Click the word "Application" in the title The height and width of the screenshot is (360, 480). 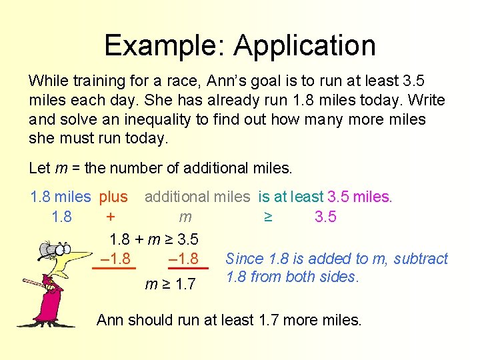click(305, 45)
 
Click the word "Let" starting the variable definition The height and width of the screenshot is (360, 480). click(39, 167)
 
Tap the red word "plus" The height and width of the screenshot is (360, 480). click(113, 197)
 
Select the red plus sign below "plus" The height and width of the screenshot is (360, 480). click(111, 217)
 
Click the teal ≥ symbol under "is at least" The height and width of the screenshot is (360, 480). click(268, 217)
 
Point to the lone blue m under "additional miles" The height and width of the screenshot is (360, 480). click(185, 217)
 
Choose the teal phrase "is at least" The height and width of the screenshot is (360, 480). click(291, 197)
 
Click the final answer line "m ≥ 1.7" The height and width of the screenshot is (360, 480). click(171, 285)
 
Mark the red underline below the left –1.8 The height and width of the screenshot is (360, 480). click(114, 268)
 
